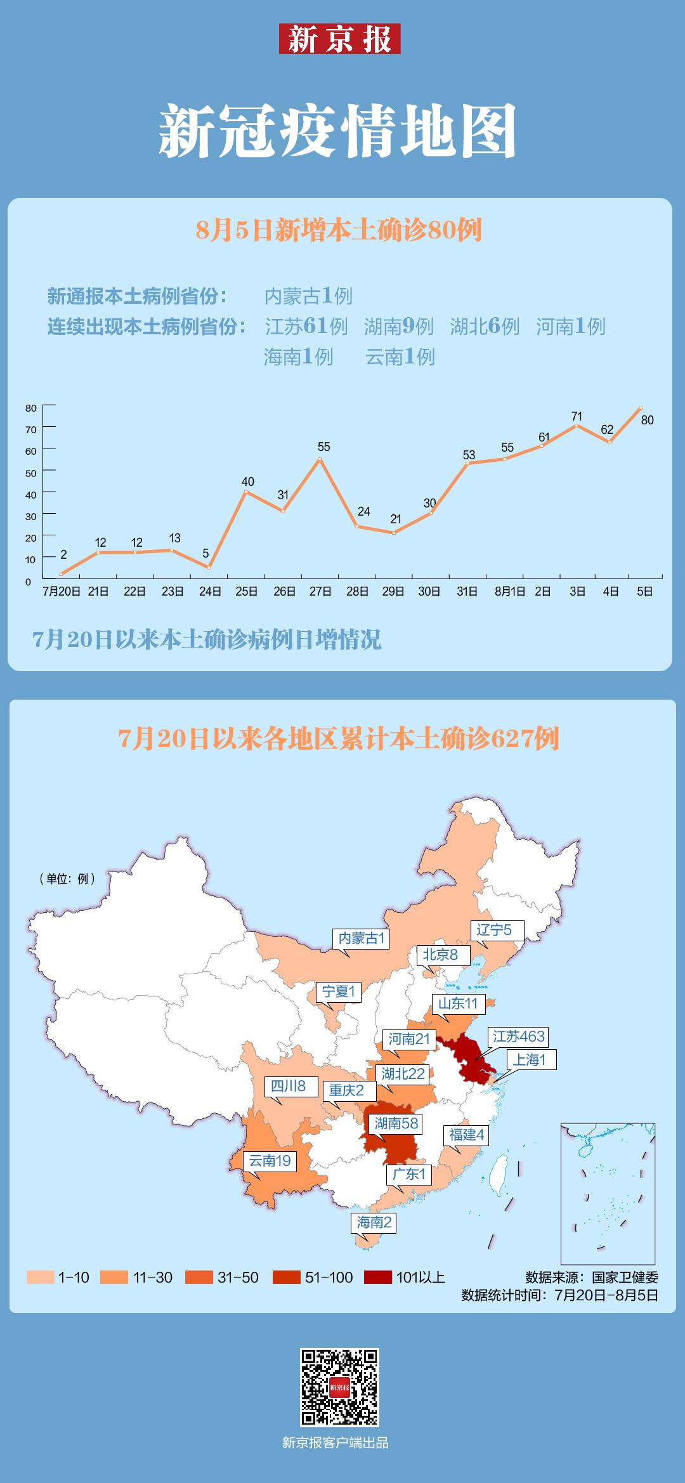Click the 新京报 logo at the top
click(339, 39)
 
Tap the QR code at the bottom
click(339, 1387)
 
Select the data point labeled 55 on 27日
click(320, 459)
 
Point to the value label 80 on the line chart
click(647, 420)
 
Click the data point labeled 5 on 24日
click(209, 567)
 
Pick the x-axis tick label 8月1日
click(510, 592)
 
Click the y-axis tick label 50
click(31, 473)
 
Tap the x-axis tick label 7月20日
click(62, 592)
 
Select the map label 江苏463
click(519, 1036)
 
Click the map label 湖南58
click(396, 1123)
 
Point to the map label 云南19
click(270, 1161)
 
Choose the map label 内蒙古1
click(362, 939)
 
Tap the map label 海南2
click(374, 1222)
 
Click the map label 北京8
click(440, 955)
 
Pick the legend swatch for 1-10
click(40, 1277)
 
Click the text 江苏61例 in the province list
click(306, 326)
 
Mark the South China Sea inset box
click(608, 1193)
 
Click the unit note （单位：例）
click(67, 879)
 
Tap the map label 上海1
click(530, 1059)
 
